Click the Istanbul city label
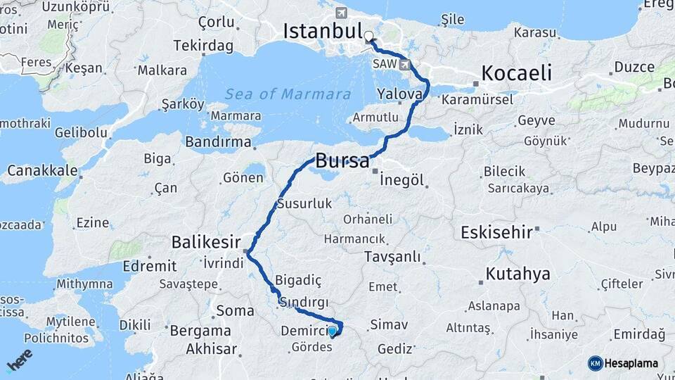point(322,31)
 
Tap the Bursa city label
point(342,160)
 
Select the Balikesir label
point(207,243)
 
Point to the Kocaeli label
point(517,72)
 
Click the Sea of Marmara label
point(288,94)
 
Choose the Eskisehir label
point(496,232)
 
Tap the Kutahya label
point(517,274)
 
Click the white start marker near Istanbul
point(368,34)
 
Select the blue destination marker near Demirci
point(333,329)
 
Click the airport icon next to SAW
point(406,65)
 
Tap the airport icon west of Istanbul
point(342,13)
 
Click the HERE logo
point(20,360)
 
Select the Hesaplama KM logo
point(623,363)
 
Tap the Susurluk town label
point(304,204)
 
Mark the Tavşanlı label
point(392,257)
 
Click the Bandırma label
point(218,142)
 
